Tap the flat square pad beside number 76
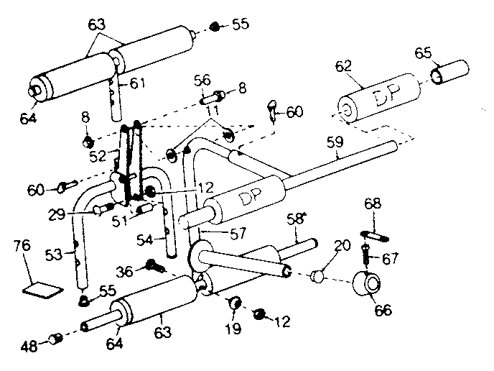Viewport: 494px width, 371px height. pyautogui.click(x=40, y=290)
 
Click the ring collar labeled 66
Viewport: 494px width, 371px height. pyautogui.click(x=367, y=285)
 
